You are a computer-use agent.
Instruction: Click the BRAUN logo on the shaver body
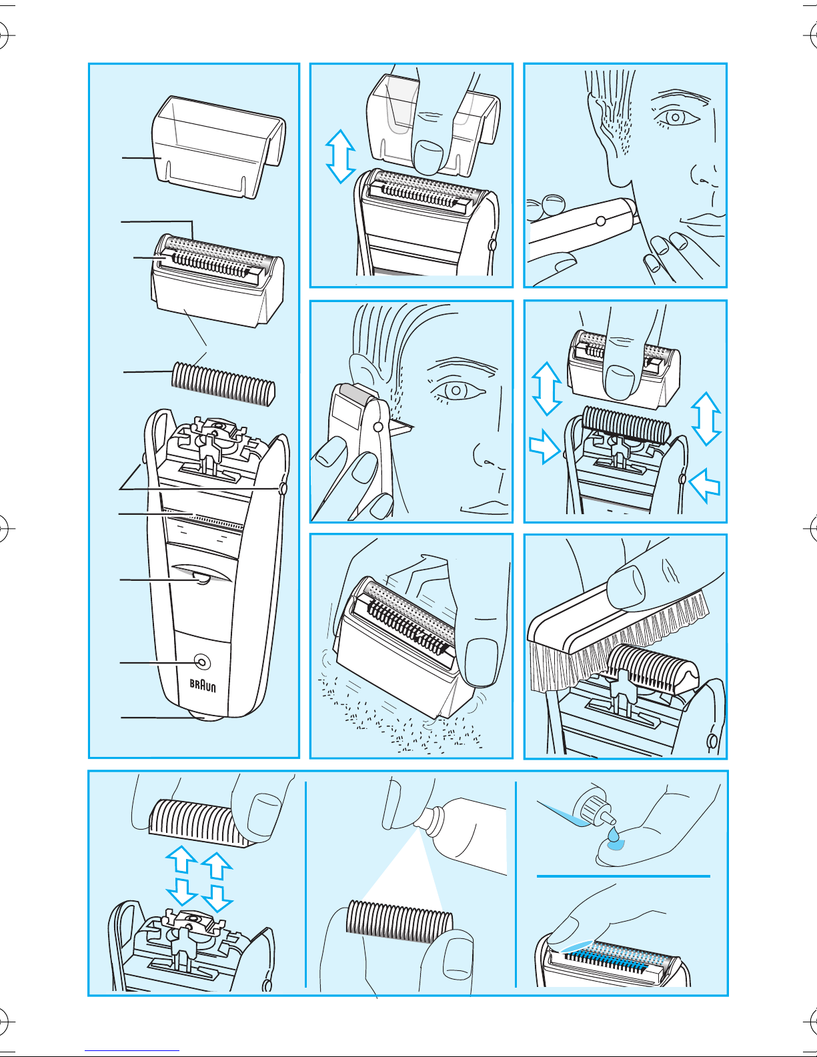(203, 686)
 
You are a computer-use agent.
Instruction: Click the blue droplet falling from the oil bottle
(615, 843)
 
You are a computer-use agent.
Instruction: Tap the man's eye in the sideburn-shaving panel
(676, 117)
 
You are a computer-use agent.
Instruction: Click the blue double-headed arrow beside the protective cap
(340, 156)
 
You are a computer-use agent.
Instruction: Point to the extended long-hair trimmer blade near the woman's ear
(400, 427)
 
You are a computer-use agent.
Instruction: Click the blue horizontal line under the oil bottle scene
(624, 876)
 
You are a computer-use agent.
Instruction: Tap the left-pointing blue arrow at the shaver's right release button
(705, 485)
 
